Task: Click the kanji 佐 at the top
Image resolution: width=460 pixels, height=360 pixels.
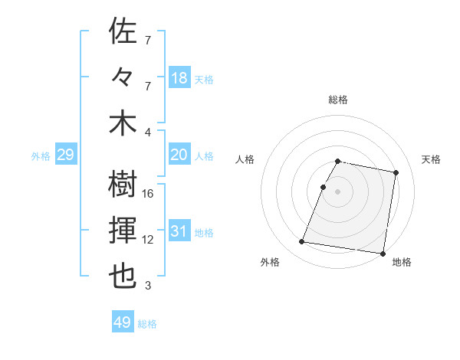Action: click(x=123, y=31)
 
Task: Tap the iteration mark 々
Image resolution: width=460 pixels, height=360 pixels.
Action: click(x=123, y=78)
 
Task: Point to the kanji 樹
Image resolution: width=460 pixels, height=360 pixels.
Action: click(x=123, y=183)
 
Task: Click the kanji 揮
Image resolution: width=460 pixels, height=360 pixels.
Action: click(x=123, y=230)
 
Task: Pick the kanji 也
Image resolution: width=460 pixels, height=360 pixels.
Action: click(x=123, y=277)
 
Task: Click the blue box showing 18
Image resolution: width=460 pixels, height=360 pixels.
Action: click(x=179, y=77)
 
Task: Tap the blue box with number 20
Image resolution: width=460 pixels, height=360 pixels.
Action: click(x=179, y=155)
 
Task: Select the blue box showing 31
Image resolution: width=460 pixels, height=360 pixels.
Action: click(x=179, y=232)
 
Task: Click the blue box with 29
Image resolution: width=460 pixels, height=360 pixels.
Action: click(x=65, y=155)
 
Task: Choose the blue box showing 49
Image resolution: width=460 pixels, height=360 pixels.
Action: click(x=123, y=322)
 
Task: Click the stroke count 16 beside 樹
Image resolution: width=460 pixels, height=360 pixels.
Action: click(x=148, y=194)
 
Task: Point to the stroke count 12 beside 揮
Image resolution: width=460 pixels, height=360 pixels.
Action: click(x=148, y=240)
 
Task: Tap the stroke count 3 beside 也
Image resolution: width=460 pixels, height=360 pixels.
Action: click(x=148, y=286)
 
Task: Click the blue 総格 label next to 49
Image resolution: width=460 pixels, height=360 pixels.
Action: click(x=147, y=324)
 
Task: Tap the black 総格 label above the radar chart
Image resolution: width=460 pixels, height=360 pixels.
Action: click(x=337, y=100)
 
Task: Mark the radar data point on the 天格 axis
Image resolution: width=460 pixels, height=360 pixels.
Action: click(x=396, y=173)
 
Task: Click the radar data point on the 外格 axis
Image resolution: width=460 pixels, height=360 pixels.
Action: click(x=302, y=242)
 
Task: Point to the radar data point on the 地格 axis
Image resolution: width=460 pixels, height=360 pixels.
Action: click(x=382, y=253)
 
